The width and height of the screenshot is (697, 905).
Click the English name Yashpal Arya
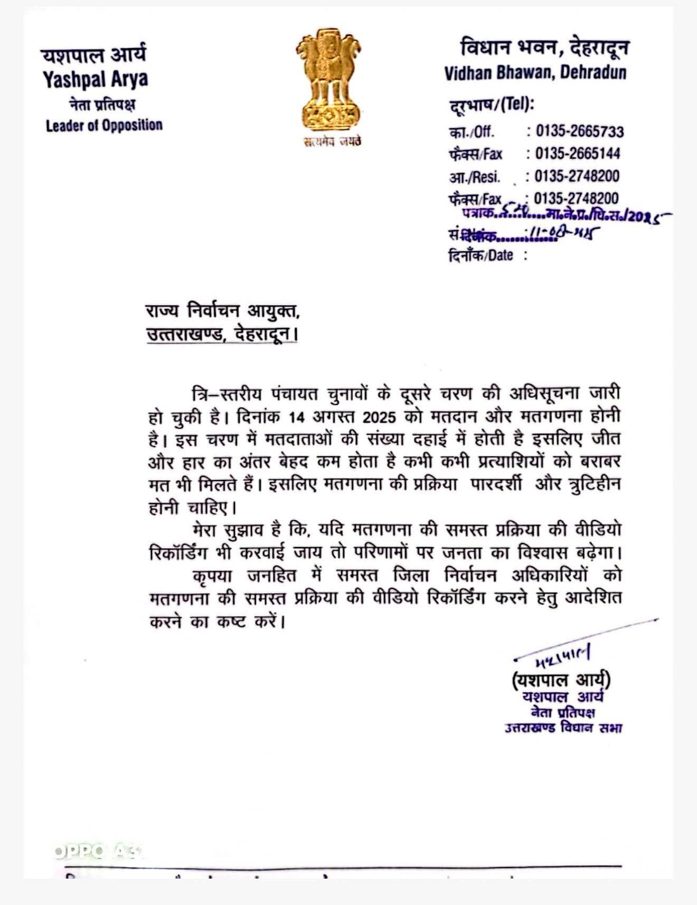(x=95, y=79)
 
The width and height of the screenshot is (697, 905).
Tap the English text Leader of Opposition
(x=104, y=126)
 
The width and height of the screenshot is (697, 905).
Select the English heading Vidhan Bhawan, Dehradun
(x=535, y=72)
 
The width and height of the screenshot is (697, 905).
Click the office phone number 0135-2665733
(x=579, y=131)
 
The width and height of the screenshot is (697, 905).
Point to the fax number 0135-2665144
(x=577, y=154)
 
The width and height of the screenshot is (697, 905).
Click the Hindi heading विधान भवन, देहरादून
(x=544, y=48)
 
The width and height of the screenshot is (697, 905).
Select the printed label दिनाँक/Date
(x=481, y=256)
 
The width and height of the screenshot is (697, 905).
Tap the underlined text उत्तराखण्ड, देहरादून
(x=221, y=334)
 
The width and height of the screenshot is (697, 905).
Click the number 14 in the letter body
(x=297, y=416)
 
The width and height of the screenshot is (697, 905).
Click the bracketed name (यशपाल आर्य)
(x=561, y=679)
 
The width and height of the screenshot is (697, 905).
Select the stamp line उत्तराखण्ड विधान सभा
(x=563, y=728)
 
